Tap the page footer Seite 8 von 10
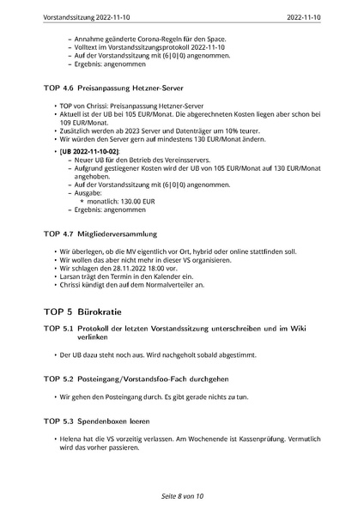point(181,497)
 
